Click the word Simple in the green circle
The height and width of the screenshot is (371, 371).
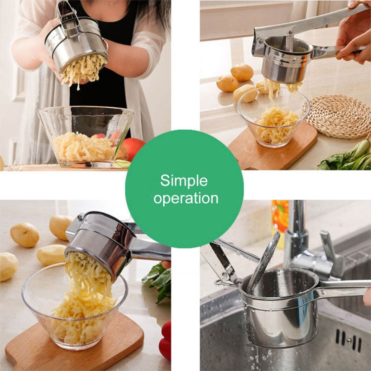(x=184, y=180)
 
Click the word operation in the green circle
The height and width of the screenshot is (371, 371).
(x=185, y=198)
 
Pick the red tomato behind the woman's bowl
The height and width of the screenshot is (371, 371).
(x=133, y=148)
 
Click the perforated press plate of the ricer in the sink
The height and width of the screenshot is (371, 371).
(x=265, y=262)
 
